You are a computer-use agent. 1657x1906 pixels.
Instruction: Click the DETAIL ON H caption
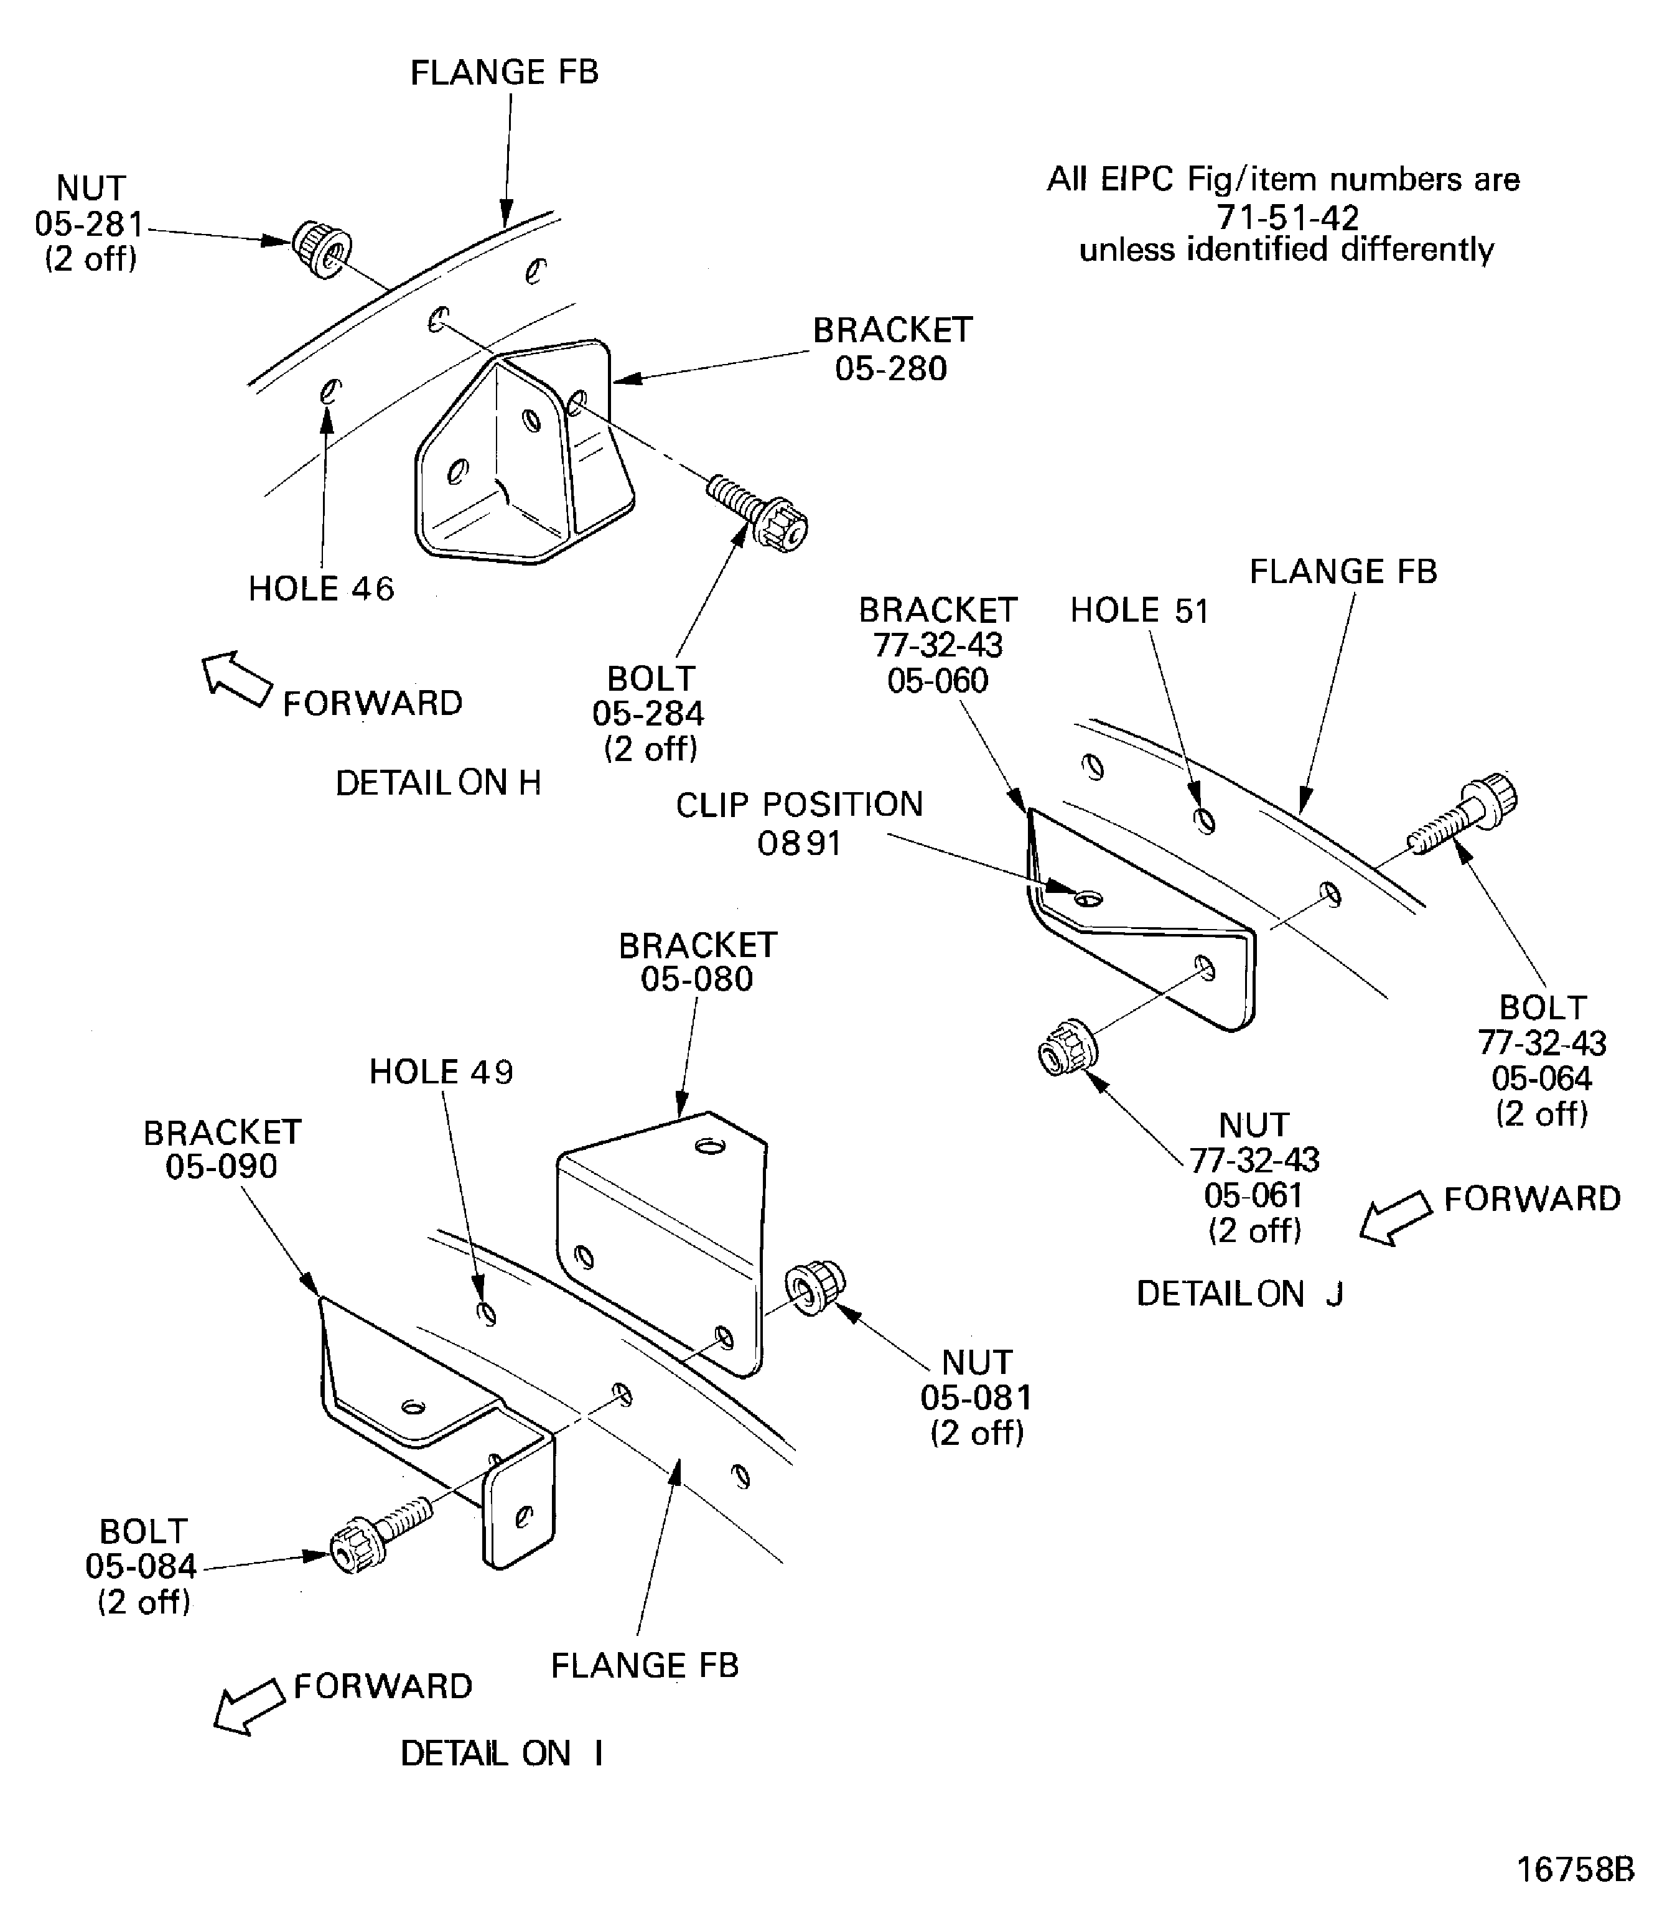tap(437, 783)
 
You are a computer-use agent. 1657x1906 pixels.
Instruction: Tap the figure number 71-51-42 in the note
tap(1287, 217)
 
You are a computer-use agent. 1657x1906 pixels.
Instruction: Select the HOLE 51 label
tap(1139, 610)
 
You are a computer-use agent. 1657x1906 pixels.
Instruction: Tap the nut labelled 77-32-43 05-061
tap(1067, 1048)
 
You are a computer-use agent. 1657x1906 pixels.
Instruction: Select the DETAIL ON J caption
tap(1238, 1294)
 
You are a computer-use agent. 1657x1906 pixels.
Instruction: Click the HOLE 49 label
tap(441, 1072)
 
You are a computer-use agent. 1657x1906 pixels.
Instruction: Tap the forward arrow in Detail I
tap(248, 1707)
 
